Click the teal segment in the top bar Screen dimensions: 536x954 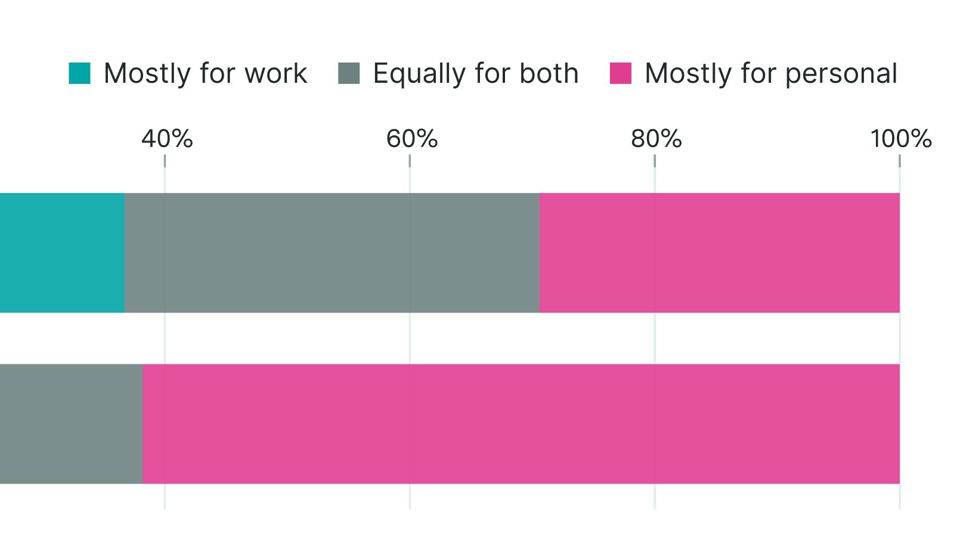[x=62, y=253]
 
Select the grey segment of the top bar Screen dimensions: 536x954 [x=332, y=253]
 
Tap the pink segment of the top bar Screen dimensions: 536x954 [x=719, y=253]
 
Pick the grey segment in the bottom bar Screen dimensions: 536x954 [x=71, y=423]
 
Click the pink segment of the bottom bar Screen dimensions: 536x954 [x=521, y=423]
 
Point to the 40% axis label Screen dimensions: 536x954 [x=167, y=139]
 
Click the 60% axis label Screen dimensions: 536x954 [x=411, y=139]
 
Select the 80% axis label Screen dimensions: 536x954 [x=656, y=139]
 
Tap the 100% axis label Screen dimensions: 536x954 [x=900, y=139]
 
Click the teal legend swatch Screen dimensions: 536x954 [x=79, y=73]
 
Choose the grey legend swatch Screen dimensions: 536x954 [x=349, y=73]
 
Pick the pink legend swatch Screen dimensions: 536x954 [x=621, y=73]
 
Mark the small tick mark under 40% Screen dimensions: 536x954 [x=165, y=161]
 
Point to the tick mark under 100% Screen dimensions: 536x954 [x=900, y=161]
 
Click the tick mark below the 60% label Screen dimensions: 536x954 [x=410, y=161]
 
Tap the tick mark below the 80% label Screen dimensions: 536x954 [x=655, y=161]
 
